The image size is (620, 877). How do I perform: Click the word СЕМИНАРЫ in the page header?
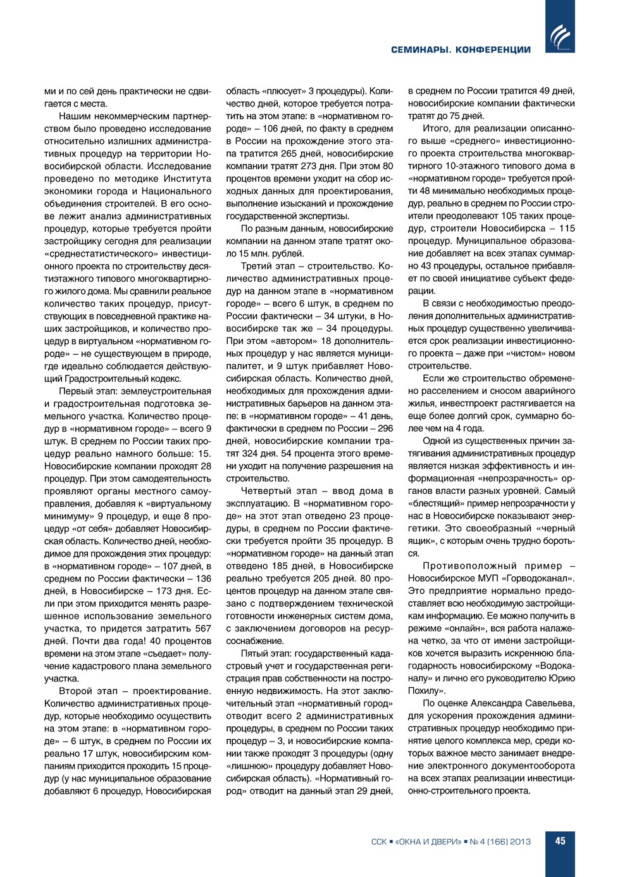click(x=420, y=50)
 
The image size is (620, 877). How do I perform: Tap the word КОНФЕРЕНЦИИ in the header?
click(x=493, y=50)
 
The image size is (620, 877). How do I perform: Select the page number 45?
click(x=560, y=841)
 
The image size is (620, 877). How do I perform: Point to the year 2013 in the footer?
click(x=520, y=842)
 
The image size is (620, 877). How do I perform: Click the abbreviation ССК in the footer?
click(x=378, y=842)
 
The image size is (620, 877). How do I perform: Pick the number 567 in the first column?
click(x=202, y=628)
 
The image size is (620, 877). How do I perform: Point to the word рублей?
click(x=287, y=253)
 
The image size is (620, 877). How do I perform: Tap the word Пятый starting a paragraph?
click(x=254, y=653)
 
